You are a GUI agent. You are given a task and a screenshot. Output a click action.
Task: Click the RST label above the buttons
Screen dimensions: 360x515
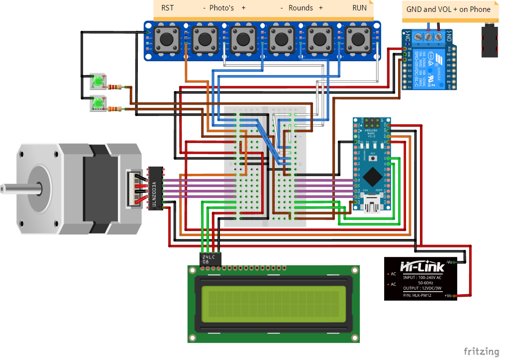pyautogui.click(x=167, y=8)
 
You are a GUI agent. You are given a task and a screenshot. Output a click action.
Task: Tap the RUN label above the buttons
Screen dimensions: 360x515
pyautogui.click(x=359, y=8)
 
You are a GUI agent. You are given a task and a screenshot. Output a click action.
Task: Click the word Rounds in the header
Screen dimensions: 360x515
pyautogui.click(x=301, y=8)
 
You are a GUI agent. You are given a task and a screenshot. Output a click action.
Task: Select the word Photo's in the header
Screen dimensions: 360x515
pyautogui.click(x=221, y=8)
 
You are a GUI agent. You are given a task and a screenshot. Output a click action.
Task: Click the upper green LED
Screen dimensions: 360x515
pyautogui.click(x=98, y=81)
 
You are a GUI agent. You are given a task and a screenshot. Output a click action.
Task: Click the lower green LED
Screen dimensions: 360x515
pyautogui.click(x=98, y=103)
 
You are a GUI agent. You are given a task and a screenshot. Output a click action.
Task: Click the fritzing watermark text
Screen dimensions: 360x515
pyautogui.click(x=481, y=352)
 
